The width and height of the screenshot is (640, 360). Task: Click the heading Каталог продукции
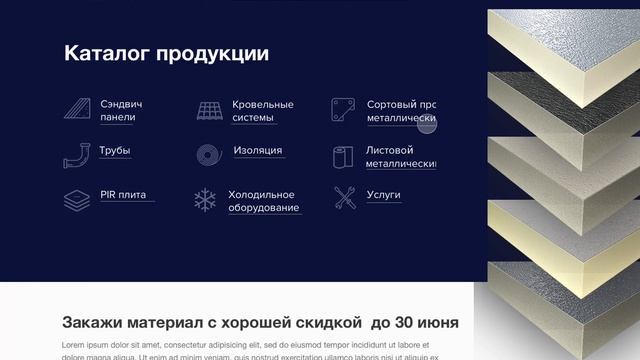tap(166, 54)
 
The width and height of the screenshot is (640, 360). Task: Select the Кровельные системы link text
tap(262, 110)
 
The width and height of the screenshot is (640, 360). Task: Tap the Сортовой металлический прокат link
tap(401, 110)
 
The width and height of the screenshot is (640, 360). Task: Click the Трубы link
tap(115, 151)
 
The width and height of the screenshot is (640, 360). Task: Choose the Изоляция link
tap(257, 151)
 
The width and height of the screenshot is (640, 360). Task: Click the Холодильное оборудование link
tap(263, 201)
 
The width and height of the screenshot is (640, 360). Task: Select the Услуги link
tap(383, 195)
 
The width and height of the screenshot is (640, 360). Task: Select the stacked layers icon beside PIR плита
tap(75, 198)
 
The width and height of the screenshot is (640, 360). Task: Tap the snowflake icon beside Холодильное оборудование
tap(205, 200)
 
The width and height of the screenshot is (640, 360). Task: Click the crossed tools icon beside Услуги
tap(345, 198)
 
